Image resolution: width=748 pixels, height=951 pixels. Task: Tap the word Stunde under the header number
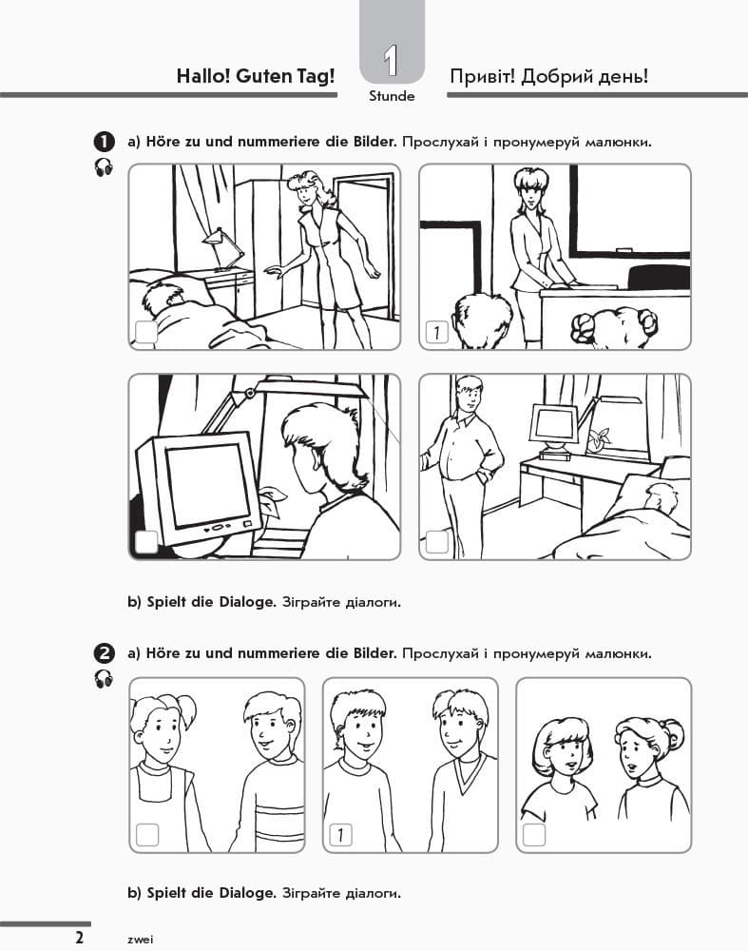pyautogui.click(x=392, y=96)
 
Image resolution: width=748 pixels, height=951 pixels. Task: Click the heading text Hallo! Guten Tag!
pyautogui.click(x=256, y=77)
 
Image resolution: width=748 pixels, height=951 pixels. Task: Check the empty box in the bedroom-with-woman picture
pyautogui.click(x=146, y=332)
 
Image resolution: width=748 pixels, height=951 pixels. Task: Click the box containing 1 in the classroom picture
pyautogui.click(x=435, y=332)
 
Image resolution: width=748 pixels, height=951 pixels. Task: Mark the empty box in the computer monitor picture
pyautogui.click(x=146, y=542)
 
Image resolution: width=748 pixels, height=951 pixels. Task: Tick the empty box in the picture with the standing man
pyautogui.click(x=436, y=542)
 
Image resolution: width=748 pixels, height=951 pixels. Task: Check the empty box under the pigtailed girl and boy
pyautogui.click(x=147, y=835)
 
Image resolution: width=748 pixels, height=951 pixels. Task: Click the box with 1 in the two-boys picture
pyautogui.click(x=340, y=835)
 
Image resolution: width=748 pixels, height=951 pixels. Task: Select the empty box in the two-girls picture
pyautogui.click(x=534, y=835)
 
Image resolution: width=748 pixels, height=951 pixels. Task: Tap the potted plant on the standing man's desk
pyautogui.click(x=598, y=438)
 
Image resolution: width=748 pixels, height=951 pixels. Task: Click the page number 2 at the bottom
pyautogui.click(x=80, y=937)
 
